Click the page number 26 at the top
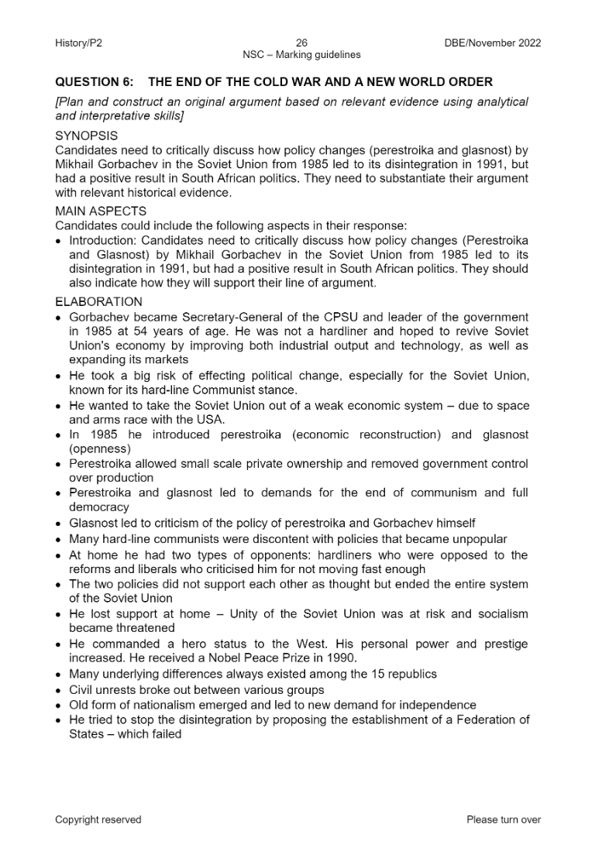coord(301,43)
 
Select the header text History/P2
coord(78,43)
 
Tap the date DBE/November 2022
coord(487,43)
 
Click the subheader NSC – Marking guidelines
coord(301,55)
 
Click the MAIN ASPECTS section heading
coord(101,211)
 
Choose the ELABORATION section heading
coord(98,302)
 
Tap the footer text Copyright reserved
coord(98,819)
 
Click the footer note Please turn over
coord(504,819)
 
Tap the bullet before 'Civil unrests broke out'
coord(59,689)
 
